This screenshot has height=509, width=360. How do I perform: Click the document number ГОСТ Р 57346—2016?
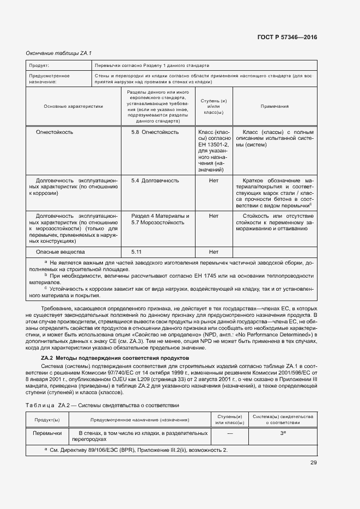pos(286,38)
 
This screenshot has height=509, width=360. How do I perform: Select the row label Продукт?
pos(39,65)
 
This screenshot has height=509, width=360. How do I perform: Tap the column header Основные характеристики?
pos(74,107)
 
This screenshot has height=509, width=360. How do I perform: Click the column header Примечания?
pos(274,107)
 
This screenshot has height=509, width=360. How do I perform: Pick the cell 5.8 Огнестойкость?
pos(155,132)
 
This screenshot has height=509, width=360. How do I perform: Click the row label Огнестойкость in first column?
pos(54,132)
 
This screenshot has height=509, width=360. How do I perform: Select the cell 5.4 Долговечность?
pos(155,180)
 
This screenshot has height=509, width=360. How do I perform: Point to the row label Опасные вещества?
pos(60,252)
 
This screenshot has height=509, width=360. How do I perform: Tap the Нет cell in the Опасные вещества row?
pos(213,252)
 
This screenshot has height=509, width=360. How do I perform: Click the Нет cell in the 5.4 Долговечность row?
pos(213,180)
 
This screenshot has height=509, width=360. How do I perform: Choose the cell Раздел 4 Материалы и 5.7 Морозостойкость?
pos(160,219)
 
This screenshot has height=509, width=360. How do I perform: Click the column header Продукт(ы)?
pos(47,420)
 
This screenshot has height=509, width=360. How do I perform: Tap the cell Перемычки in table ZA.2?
pos(47,433)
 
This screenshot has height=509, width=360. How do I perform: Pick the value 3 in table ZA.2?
pos(282,433)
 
